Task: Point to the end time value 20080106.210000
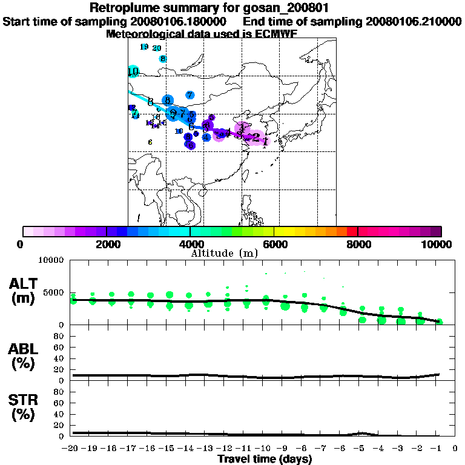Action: coord(414,21)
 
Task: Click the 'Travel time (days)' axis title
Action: coord(265,460)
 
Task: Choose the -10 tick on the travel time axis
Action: coord(265,449)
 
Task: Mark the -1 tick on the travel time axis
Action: coord(438,449)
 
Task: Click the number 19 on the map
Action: coord(144,47)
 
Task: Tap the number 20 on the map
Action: coord(157,48)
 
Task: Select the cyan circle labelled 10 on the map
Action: coord(134,72)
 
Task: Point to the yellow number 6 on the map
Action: coord(150,142)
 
